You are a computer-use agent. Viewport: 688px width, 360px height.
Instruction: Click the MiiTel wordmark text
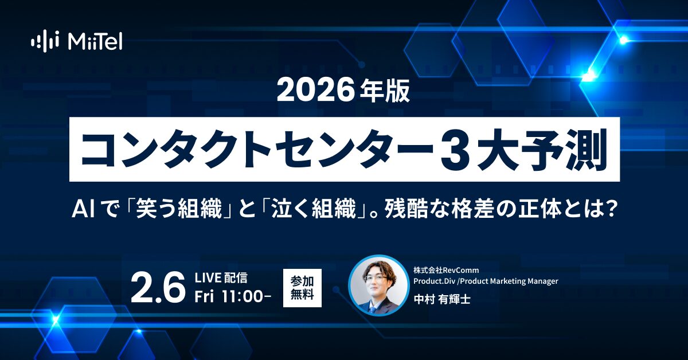[95, 41]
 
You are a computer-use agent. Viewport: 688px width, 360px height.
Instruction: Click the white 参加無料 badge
[302, 288]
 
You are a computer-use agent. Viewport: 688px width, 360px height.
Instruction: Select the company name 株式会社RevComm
[445, 269]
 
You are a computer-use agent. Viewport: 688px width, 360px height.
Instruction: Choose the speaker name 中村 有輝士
[441, 300]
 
